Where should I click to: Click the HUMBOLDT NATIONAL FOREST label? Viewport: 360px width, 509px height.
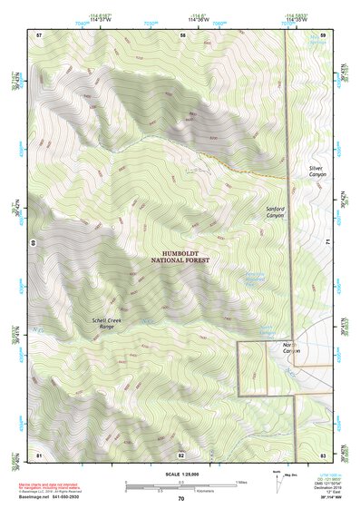tap(180, 257)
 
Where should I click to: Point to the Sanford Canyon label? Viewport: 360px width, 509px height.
tap(275, 211)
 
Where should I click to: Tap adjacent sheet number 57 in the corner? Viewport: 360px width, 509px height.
tap(39, 34)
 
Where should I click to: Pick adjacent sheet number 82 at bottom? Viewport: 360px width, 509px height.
tap(181, 454)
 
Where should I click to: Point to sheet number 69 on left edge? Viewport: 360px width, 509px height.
tap(33, 243)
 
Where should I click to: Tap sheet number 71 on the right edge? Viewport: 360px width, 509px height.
tap(328, 243)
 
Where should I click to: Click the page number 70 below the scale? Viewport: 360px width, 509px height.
tap(180, 499)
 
